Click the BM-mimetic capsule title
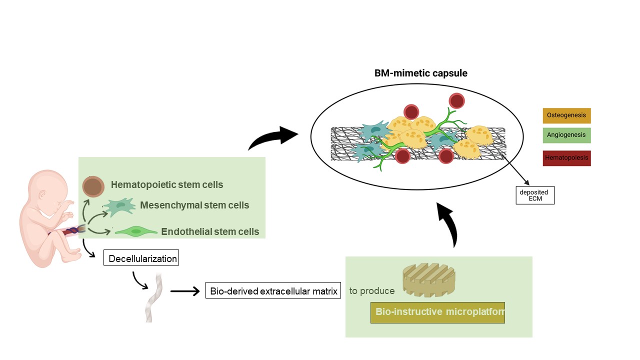click(421, 73)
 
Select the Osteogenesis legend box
click(566, 115)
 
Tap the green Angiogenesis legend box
click(566, 135)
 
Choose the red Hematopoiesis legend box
click(566, 158)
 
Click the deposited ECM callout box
click(535, 195)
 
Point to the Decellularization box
click(141, 257)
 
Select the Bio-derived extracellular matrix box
click(273, 290)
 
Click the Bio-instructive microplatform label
click(437, 312)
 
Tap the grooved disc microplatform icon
click(429, 279)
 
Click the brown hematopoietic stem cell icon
click(93, 186)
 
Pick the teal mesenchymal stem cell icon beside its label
click(119, 206)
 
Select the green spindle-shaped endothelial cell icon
click(136, 231)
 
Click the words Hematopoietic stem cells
click(167, 184)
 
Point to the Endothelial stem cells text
click(210, 231)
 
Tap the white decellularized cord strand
click(154, 297)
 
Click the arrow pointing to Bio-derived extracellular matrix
click(185, 291)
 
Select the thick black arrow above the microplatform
click(449, 224)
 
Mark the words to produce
click(372, 291)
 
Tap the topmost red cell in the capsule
click(456, 100)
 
